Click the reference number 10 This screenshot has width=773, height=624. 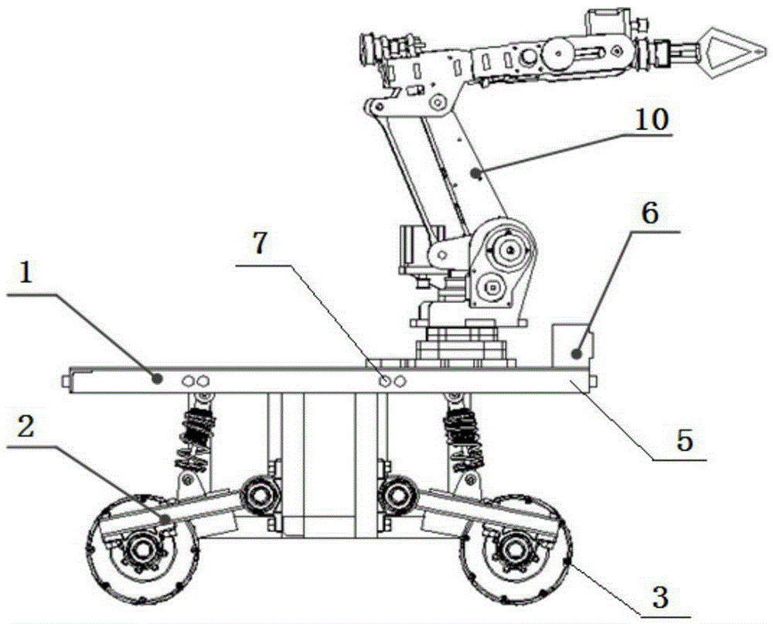pyautogui.click(x=651, y=120)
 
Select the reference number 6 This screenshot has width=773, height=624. pyautogui.click(x=650, y=213)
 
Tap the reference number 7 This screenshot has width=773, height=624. pyautogui.click(x=259, y=244)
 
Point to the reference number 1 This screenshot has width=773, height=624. pyautogui.click(x=26, y=272)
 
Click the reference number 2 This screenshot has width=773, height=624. pyautogui.click(x=26, y=427)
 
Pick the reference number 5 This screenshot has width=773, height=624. pyautogui.click(x=684, y=440)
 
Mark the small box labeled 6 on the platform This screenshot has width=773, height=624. pyautogui.click(x=573, y=346)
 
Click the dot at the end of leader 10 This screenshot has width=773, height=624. pyautogui.click(x=475, y=172)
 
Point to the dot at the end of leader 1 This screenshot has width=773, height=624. pyautogui.click(x=157, y=379)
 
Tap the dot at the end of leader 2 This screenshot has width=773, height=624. pyautogui.click(x=165, y=519)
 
